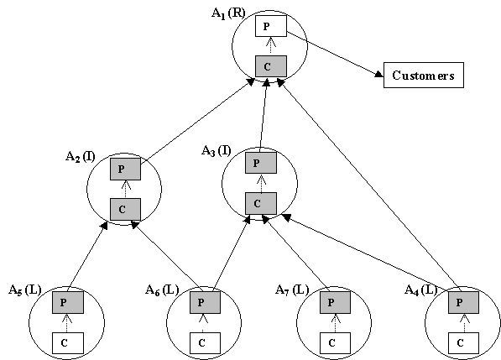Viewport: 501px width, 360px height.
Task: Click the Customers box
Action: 423,75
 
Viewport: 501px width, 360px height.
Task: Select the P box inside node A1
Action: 271,26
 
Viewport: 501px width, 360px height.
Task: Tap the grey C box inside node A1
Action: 271,66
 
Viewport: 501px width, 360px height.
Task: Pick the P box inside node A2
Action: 125,169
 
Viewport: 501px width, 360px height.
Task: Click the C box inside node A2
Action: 125,209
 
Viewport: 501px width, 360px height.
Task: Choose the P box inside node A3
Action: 261,163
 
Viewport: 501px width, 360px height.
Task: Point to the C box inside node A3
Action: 261,203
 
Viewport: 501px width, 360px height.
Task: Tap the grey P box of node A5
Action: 68,302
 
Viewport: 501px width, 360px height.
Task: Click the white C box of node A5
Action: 68,343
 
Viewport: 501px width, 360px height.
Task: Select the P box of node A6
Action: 205,302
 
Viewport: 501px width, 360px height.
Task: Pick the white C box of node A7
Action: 335,343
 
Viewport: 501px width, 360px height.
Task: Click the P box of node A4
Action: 463,302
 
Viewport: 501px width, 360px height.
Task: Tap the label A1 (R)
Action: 228,13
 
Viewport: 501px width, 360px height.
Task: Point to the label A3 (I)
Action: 216,151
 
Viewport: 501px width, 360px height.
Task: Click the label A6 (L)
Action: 162,290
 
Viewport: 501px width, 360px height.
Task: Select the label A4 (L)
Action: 420,290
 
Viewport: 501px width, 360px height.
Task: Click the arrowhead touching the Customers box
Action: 379,75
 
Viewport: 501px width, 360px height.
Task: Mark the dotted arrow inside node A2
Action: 125,189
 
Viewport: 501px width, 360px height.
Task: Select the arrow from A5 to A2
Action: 87,257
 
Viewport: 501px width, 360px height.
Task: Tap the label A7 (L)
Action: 292,290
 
